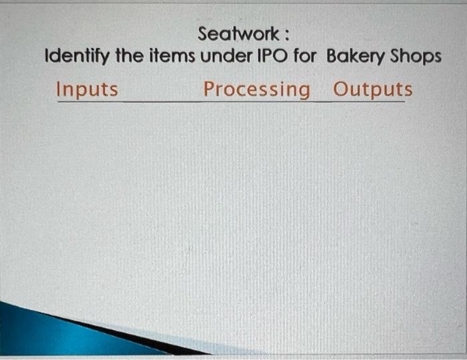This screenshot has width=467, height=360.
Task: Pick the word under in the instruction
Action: [222, 56]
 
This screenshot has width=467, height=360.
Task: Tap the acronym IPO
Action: [270, 56]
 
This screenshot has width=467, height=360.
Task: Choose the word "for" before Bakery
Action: [306, 56]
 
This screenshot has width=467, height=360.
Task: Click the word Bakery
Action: [356, 57]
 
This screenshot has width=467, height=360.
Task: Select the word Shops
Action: [416, 57]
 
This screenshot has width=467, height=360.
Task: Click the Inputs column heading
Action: [87, 89]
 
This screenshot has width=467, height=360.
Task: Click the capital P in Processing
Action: [209, 89]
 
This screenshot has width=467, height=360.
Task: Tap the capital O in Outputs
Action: [340, 89]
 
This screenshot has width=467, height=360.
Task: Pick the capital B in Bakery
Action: [332, 56]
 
